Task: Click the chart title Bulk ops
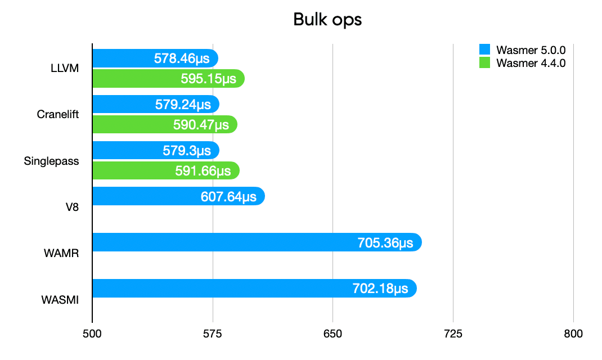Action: coord(327,20)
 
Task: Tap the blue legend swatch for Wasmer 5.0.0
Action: coord(484,49)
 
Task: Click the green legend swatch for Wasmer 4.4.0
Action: coord(484,62)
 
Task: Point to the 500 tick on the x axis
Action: coord(92,334)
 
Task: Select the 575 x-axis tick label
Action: coord(213,334)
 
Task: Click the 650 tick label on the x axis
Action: coord(333,334)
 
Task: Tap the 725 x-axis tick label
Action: coord(453,334)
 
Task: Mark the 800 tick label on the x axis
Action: coord(573,334)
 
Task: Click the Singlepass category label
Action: coord(51,161)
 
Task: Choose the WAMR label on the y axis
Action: coord(61,253)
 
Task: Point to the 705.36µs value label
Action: coord(385,243)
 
